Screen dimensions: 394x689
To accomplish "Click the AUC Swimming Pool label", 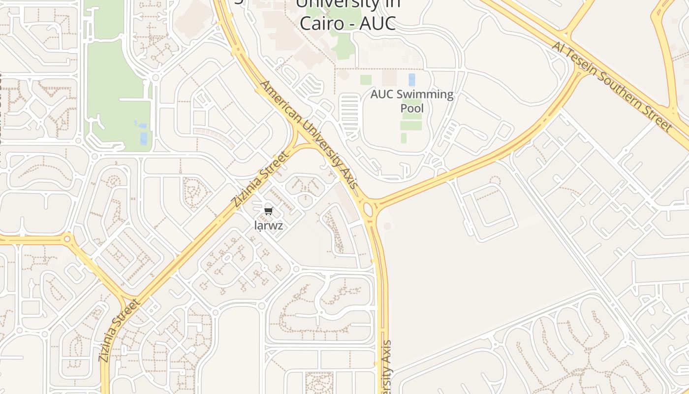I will (x=412, y=101).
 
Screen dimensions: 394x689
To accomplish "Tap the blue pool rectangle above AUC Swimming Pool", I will (x=411, y=80).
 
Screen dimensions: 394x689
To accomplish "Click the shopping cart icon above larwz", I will (x=268, y=211).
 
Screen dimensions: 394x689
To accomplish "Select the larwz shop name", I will (x=268, y=226).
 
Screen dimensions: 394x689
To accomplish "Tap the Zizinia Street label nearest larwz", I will (x=259, y=180).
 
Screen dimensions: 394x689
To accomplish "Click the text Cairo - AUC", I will (x=347, y=23).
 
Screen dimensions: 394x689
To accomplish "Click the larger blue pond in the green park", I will (x=143, y=138).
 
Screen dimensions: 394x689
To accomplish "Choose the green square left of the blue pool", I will (x=366, y=80).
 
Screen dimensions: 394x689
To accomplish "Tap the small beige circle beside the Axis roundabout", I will (x=388, y=226).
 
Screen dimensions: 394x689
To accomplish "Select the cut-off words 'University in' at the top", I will (x=347, y=4).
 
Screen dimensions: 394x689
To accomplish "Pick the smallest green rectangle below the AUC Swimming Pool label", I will (x=404, y=138).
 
